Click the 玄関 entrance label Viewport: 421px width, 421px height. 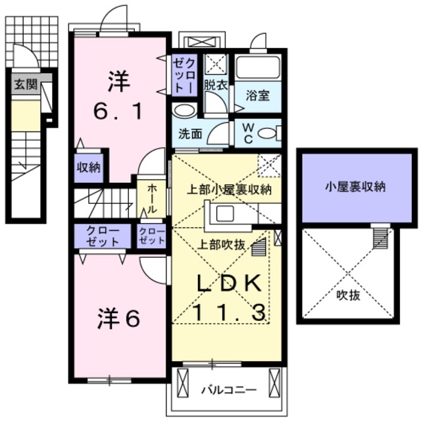tap(26, 84)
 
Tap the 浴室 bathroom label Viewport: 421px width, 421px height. tap(258, 95)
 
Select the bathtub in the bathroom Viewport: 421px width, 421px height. tap(258, 67)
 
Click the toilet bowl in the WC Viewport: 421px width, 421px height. tap(267, 133)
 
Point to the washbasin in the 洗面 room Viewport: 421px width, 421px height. tap(184, 111)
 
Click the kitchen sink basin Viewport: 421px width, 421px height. tap(225, 214)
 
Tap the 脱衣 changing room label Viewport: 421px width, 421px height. tap(216, 86)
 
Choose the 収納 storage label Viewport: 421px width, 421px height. tap(88, 168)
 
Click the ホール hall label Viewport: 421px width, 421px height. tap(151, 199)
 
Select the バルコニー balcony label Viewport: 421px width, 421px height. tap(229, 390)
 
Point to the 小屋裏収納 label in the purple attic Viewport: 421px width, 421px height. tap(355, 187)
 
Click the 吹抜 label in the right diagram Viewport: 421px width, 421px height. tap(348, 295)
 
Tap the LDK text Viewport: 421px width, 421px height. tap(230, 284)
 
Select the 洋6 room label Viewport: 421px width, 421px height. tap(118, 318)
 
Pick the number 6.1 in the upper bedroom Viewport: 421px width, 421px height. tap(118, 111)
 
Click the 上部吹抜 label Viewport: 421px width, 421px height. tap(221, 244)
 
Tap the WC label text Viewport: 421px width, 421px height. tap(248, 133)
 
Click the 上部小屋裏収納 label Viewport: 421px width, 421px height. tap(230, 189)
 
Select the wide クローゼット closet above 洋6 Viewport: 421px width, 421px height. tap(103, 236)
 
